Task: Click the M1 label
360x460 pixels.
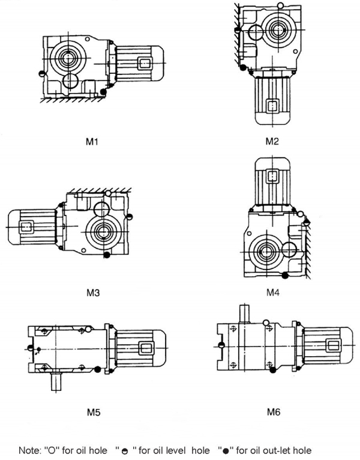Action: pyautogui.click(x=92, y=142)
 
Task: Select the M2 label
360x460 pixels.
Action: pyautogui.click(x=272, y=142)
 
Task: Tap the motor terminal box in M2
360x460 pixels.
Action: pyautogui.click(x=273, y=106)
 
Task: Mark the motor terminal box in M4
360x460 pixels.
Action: pyautogui.click(x=272, y=176)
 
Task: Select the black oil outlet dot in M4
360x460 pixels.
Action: pyautogui.click(x=284, y=275)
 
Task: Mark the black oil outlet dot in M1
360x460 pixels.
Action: pyautogui.click(x=104, y=91)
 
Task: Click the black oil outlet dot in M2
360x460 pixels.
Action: pyautogui.click(x=244, y=68)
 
